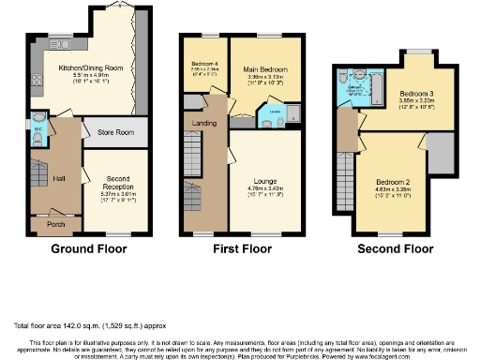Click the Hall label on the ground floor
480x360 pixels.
(58, 177)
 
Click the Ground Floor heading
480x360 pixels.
(90, 249)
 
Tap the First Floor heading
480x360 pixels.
(242, 249)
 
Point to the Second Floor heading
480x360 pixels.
(396, 249)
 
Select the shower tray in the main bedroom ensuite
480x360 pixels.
(290, 115)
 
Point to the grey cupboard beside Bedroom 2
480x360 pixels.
(439, 148)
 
